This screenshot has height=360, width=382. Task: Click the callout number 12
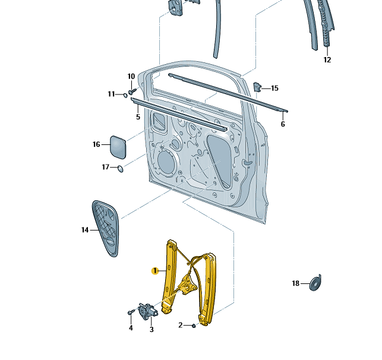click(x=327, y=59)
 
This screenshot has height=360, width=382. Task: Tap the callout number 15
click(x=274, y=89)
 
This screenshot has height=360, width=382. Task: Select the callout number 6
click(x=283, y=124)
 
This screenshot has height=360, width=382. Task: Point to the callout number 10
click(x=131, y=76)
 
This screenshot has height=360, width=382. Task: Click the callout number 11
click(x=111, y=94)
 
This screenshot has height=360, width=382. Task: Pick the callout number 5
click(x=138, y=117)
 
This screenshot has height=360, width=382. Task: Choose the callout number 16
click(x=96, y=144)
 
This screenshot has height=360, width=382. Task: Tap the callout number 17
click(x=105, y=168)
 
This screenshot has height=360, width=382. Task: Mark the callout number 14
click(x=85, y=230)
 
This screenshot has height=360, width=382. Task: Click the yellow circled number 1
click(x=154, y=271)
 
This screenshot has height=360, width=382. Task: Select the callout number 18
click(x=296, y=283)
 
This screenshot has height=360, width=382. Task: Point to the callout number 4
click(x=131, y=327)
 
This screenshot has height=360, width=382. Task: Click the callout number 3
click(x=151, y=329)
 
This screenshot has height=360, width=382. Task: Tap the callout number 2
click(x=181, y=325)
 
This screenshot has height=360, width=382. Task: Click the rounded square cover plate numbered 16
click(x=117, y=147)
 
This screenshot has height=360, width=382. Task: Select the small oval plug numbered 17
click(x=121, y=169)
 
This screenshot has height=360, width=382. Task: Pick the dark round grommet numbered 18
click(x=315, y=282)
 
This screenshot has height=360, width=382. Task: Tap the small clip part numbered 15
click(x=258, y=87)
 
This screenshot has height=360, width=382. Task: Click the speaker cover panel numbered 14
click(x=107, y=227)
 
